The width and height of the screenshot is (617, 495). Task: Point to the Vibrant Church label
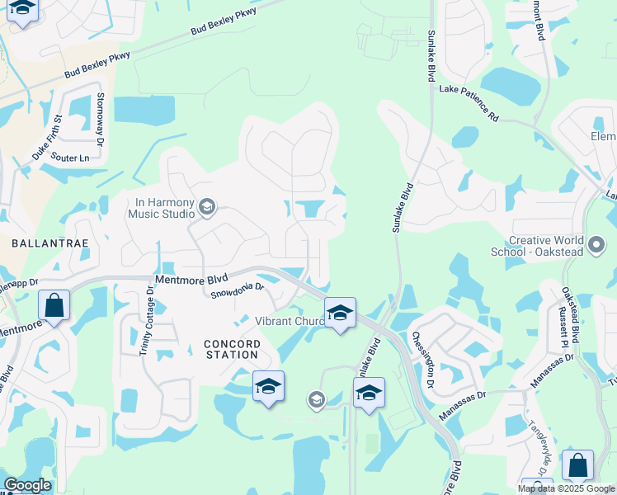tap(289, 321)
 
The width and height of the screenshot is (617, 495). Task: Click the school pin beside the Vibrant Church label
tap(339, 313)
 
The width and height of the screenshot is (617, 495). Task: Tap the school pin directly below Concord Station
tap(268, 387)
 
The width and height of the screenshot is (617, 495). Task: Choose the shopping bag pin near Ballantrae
tap(54, 306)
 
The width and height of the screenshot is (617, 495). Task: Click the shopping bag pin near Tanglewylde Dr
tap(577, 466)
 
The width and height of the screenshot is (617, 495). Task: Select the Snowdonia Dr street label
tap(237, 289)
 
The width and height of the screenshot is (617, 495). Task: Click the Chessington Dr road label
tap(422, 360)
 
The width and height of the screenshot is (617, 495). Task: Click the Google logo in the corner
tap(26, 485)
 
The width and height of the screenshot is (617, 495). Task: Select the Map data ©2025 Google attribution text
tap(567, 488)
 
